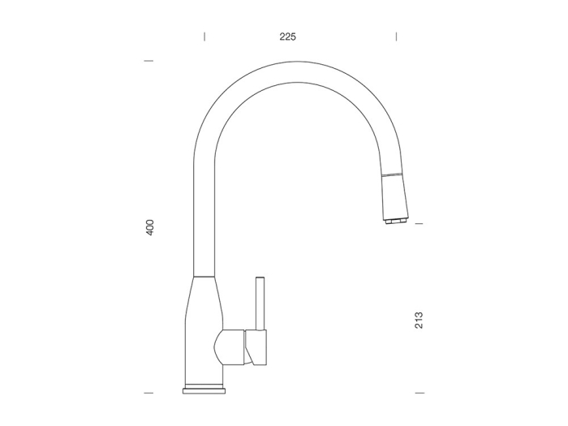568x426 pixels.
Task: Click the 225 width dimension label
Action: click(287, 37)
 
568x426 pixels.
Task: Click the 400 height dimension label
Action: click(150, 227)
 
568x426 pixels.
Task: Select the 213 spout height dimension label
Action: click(419, 321)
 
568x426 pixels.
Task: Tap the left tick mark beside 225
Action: click(204, 37)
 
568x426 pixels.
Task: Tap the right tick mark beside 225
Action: click(396, 37)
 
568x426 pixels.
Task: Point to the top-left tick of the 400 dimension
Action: click(148, 61)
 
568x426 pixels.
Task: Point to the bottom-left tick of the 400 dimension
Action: click(148, 393)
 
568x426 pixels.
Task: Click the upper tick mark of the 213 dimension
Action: click(419, 224)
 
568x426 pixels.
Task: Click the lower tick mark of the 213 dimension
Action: click(420, 393)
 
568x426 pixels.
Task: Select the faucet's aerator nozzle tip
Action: click(396, 221)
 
